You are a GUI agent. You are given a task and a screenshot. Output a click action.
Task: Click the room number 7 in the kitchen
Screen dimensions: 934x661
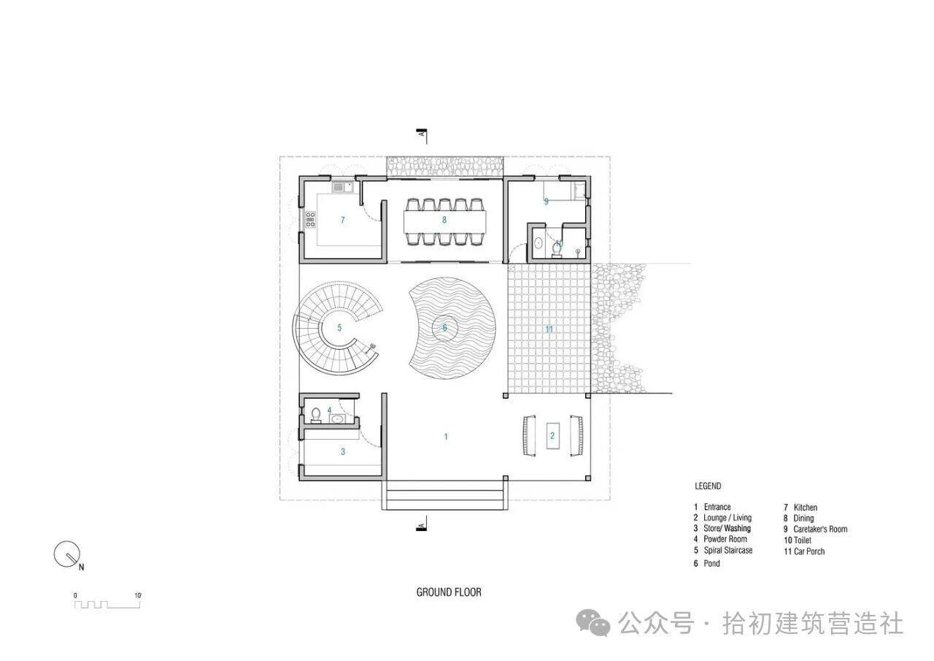tap(343, 220)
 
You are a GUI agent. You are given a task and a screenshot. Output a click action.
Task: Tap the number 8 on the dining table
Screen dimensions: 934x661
tap(444, 220)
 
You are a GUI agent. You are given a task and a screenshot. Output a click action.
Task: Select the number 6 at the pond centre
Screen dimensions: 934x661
tap(445, 328)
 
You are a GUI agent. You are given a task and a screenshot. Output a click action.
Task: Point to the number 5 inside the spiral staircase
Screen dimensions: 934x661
tap(339, 328)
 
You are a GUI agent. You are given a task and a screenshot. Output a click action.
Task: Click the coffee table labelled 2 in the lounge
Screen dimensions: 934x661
tap(553, 436)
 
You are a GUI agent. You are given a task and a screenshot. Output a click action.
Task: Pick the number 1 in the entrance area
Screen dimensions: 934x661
tap(446, 437)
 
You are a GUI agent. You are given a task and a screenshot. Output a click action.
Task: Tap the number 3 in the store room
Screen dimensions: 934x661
tap(343, 451)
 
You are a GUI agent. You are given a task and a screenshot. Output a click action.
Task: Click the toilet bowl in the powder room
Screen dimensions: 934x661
tap(316, 416)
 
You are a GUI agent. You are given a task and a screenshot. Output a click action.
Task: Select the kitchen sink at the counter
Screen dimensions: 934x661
tap(343, 188)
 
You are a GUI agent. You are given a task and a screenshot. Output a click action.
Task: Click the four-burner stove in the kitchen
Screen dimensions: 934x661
tap(311, 220)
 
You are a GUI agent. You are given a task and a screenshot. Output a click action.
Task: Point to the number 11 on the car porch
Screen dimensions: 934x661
tap(549, 329)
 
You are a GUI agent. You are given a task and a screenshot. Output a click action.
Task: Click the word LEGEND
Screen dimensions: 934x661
tap(708, 486)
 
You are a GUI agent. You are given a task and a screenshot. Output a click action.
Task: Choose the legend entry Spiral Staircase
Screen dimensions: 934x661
tap(728, 551)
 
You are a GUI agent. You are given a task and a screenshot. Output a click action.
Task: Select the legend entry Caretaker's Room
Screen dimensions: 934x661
tap(820, 529)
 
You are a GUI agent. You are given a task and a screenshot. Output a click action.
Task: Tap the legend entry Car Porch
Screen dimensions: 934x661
tap(809, 551)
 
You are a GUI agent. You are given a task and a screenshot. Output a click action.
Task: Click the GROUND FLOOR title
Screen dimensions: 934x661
tap(449, 592)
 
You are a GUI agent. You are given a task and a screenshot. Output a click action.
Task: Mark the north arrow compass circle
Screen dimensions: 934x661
tap(66, 554)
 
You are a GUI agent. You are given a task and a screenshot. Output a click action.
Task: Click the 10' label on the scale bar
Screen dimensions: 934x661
tap(138, 595)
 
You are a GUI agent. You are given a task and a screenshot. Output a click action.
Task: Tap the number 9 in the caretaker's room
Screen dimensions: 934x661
tap(547, 202)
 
